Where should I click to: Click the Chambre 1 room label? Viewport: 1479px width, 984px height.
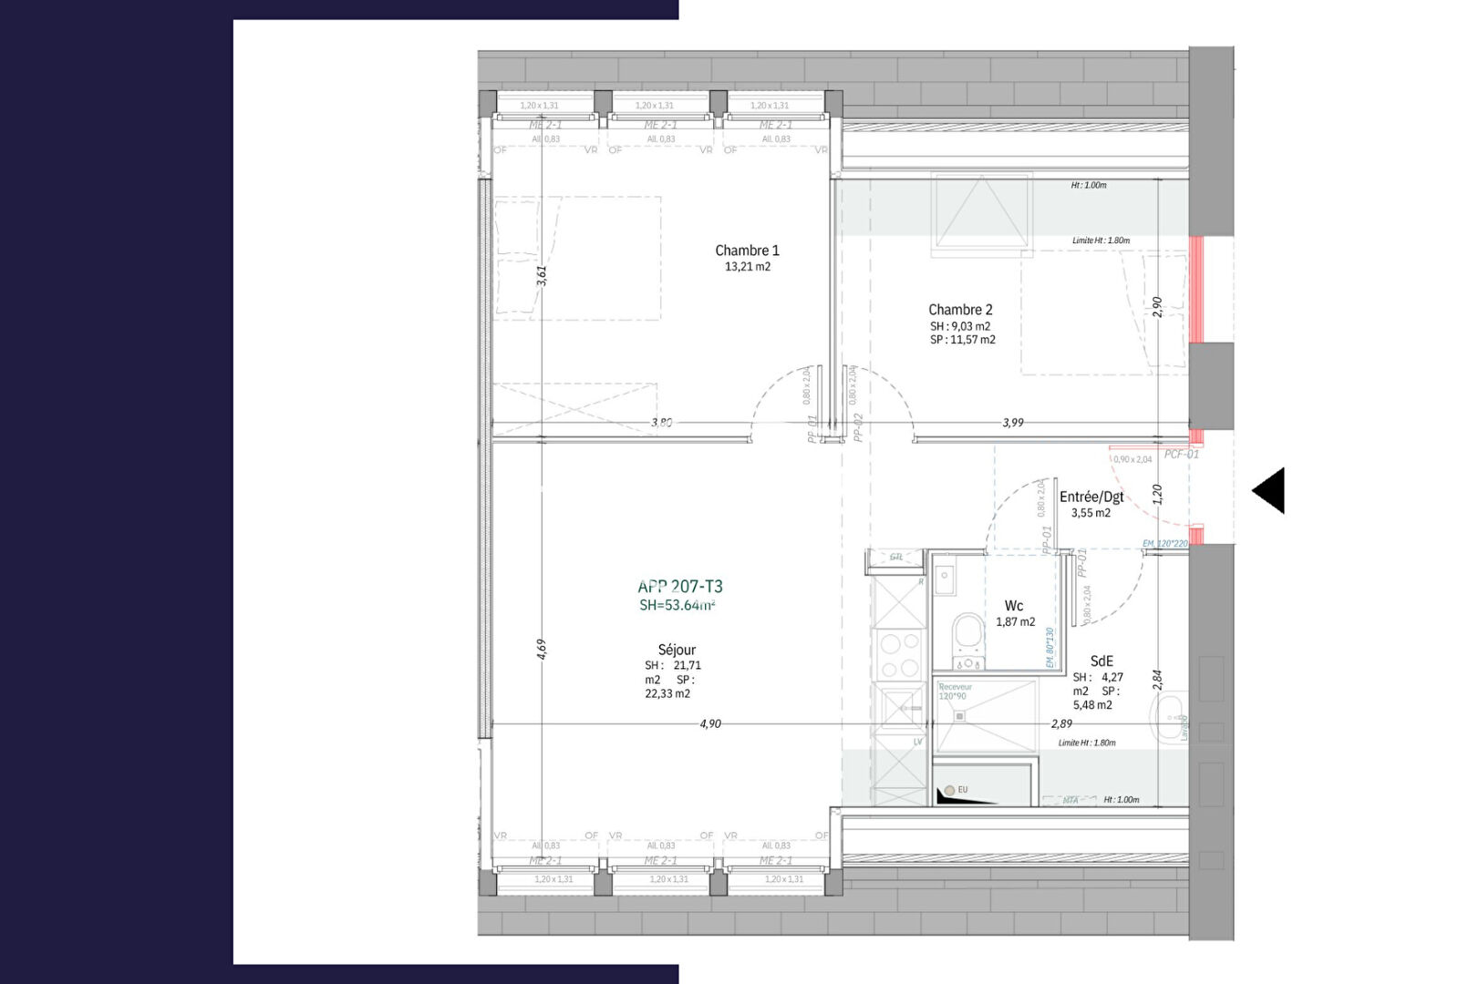[x=747, y=251]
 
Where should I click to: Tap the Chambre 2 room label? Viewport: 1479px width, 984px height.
[x=960, y=310]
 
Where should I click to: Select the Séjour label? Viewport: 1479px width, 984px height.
[x=677, y=650]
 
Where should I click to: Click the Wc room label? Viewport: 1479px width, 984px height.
[x=1014, y=606]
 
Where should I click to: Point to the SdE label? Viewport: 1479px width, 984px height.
[x=1101, y=661]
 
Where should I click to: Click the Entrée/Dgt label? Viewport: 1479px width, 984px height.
[x=1091, y=497]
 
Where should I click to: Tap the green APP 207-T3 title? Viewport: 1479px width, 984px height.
[x=680, y=587]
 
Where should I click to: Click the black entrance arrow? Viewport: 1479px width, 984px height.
[x=1268, y=491]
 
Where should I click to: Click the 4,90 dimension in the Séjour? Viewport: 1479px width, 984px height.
[x=710, y=723]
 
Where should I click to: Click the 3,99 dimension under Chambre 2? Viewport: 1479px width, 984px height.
[x=1013, y=423]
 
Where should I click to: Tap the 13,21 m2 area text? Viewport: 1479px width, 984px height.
[x=748, y=267]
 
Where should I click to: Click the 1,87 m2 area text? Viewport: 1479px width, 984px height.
[x=1015, y=622]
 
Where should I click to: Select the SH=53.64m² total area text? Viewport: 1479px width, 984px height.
[x=677, y=605]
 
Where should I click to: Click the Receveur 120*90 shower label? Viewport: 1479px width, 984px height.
[x=955, y=692]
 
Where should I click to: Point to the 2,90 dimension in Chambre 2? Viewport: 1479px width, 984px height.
[x=1158, y=306]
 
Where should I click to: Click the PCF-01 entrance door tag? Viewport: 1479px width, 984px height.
[x=1182, y=454]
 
